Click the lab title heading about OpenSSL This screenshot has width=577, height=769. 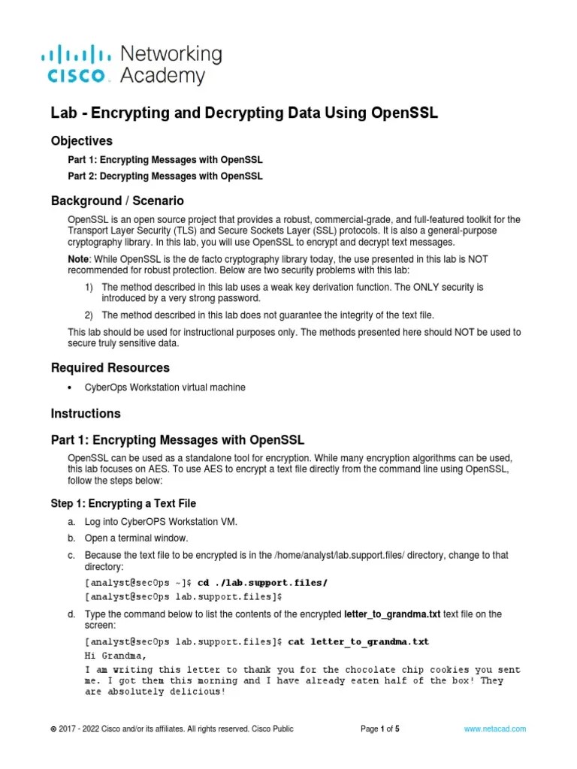pyautogui.click(x=243, y=113)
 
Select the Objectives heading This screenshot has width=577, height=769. pyautogui.click(x=81, y=140)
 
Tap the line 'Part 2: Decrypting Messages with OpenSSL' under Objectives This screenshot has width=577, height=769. pyautogui.click(x=165, y=176)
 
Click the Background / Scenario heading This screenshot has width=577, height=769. pyautogui.click(x=116, y=201)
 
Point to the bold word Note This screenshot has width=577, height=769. pyautogui.click(x=80, y=258)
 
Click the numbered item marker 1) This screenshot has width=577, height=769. pyautogui.click(x=89, y=288)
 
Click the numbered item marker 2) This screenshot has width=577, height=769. pyautogui.click(x=89, y=315)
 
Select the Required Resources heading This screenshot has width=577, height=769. pyautogui.click(x=110, y=368)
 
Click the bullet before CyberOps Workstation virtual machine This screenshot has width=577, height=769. pyautogui.click(x=71, y=388)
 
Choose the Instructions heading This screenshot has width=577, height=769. pyautogui.click(x=85, y=414)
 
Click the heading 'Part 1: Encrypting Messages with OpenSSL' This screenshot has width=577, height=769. pyautogui.click(x=177, y=439)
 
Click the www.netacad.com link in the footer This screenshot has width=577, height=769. pyautogui.click(x=494, y=728)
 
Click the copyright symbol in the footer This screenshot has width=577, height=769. pyautogui.click(x=53, y=729)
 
